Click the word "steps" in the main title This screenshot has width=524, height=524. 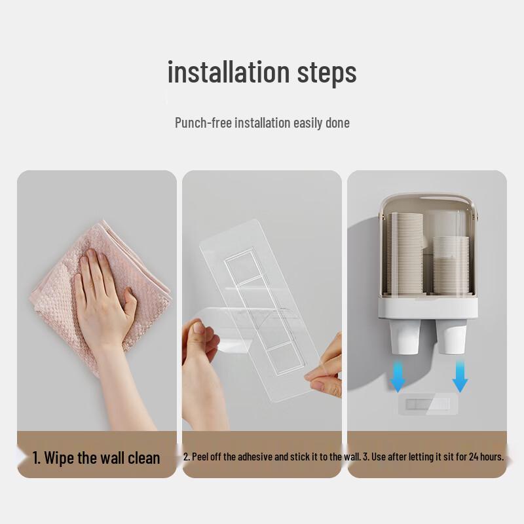pyautogui.click(x=327, y=73)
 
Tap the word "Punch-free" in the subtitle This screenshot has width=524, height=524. pyautogui.click(x=203, y=122)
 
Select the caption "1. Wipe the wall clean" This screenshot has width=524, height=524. pyautogui.click(x=96, y=457)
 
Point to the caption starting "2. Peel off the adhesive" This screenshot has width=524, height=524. pyautogui.click(x=271, y=457)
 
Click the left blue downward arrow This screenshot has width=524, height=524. pyautogui.click(x=398, y=376)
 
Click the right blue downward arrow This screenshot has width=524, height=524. pyautogui.click(x=460, y=376)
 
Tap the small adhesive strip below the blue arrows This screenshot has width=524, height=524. pyautogui.click(x=427, y=404)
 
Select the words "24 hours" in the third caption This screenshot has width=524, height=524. pyautogui.click(x=486, y=457)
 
